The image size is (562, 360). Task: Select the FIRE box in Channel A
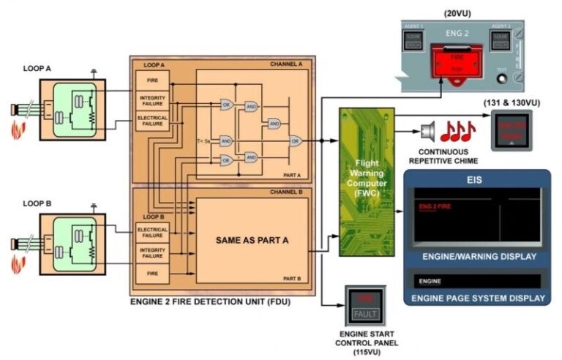[152, 80]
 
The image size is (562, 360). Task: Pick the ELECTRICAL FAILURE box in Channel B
[152, 233]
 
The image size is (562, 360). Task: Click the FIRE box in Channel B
[152, 272]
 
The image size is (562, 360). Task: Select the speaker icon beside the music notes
[428, 132]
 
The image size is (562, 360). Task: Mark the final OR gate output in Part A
[297, 140]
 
